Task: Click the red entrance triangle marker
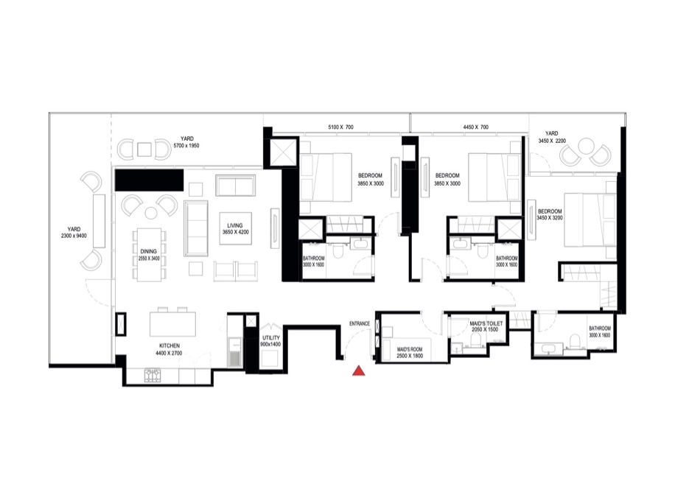(358, 371)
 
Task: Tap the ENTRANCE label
(360, 323)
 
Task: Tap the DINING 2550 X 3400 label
(150, 255)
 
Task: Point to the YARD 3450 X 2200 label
(551, 136)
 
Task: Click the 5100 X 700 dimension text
(340, 127)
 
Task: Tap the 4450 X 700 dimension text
(475, 127)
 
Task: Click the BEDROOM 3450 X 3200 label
(550, 214)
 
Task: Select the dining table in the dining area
(150, 254)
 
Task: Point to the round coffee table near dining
(150, 213)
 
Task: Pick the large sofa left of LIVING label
(197, 226)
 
